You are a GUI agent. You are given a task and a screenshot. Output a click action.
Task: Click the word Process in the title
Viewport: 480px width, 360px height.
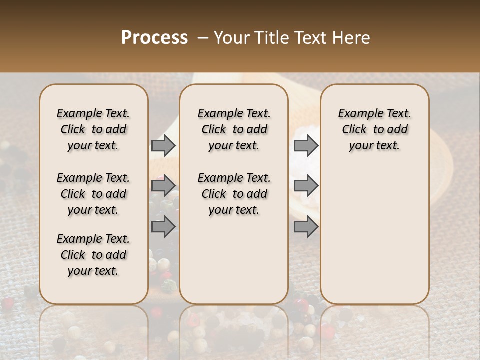[x=154, y=38]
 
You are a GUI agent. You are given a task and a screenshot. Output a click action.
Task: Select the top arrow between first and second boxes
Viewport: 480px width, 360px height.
[x=163, y=145]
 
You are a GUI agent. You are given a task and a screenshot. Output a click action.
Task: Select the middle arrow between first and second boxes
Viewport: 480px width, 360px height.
[x=163, y=186]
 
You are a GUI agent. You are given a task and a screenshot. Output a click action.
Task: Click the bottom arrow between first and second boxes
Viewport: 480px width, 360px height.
[x=163, y=227]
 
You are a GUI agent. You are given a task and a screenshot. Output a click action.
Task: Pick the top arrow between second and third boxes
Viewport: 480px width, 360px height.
[x=306, y=145]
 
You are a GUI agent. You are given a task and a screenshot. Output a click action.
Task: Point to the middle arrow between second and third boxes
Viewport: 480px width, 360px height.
[x=306, y=186]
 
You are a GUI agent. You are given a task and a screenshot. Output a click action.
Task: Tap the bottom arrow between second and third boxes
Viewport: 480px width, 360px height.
[x=306, y=227]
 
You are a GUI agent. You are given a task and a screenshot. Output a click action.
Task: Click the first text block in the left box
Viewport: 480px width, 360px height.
[x=93, y=129]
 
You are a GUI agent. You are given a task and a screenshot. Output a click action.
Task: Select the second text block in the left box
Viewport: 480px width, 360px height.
[x=93, y=194]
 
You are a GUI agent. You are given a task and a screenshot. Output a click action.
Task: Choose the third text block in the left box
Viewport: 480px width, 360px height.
[x=93, y=255]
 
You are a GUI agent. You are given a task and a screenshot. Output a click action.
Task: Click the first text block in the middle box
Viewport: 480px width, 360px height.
[x=234, y=129]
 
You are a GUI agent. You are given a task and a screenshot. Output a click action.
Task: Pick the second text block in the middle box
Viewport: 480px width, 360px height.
[x=234, y=194]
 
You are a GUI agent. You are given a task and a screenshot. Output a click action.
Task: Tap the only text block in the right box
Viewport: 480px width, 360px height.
[x=374, y=129]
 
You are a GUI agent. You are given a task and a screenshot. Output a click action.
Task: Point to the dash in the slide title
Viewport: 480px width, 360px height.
[x=203, y=38]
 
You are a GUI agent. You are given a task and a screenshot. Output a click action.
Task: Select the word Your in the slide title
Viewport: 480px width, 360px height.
[x=231, y=38]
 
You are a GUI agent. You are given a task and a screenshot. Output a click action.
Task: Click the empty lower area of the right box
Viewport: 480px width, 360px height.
[x=374, y=235]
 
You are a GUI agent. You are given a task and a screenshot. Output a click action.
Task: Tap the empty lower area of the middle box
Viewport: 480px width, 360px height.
[x=234, y=260]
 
